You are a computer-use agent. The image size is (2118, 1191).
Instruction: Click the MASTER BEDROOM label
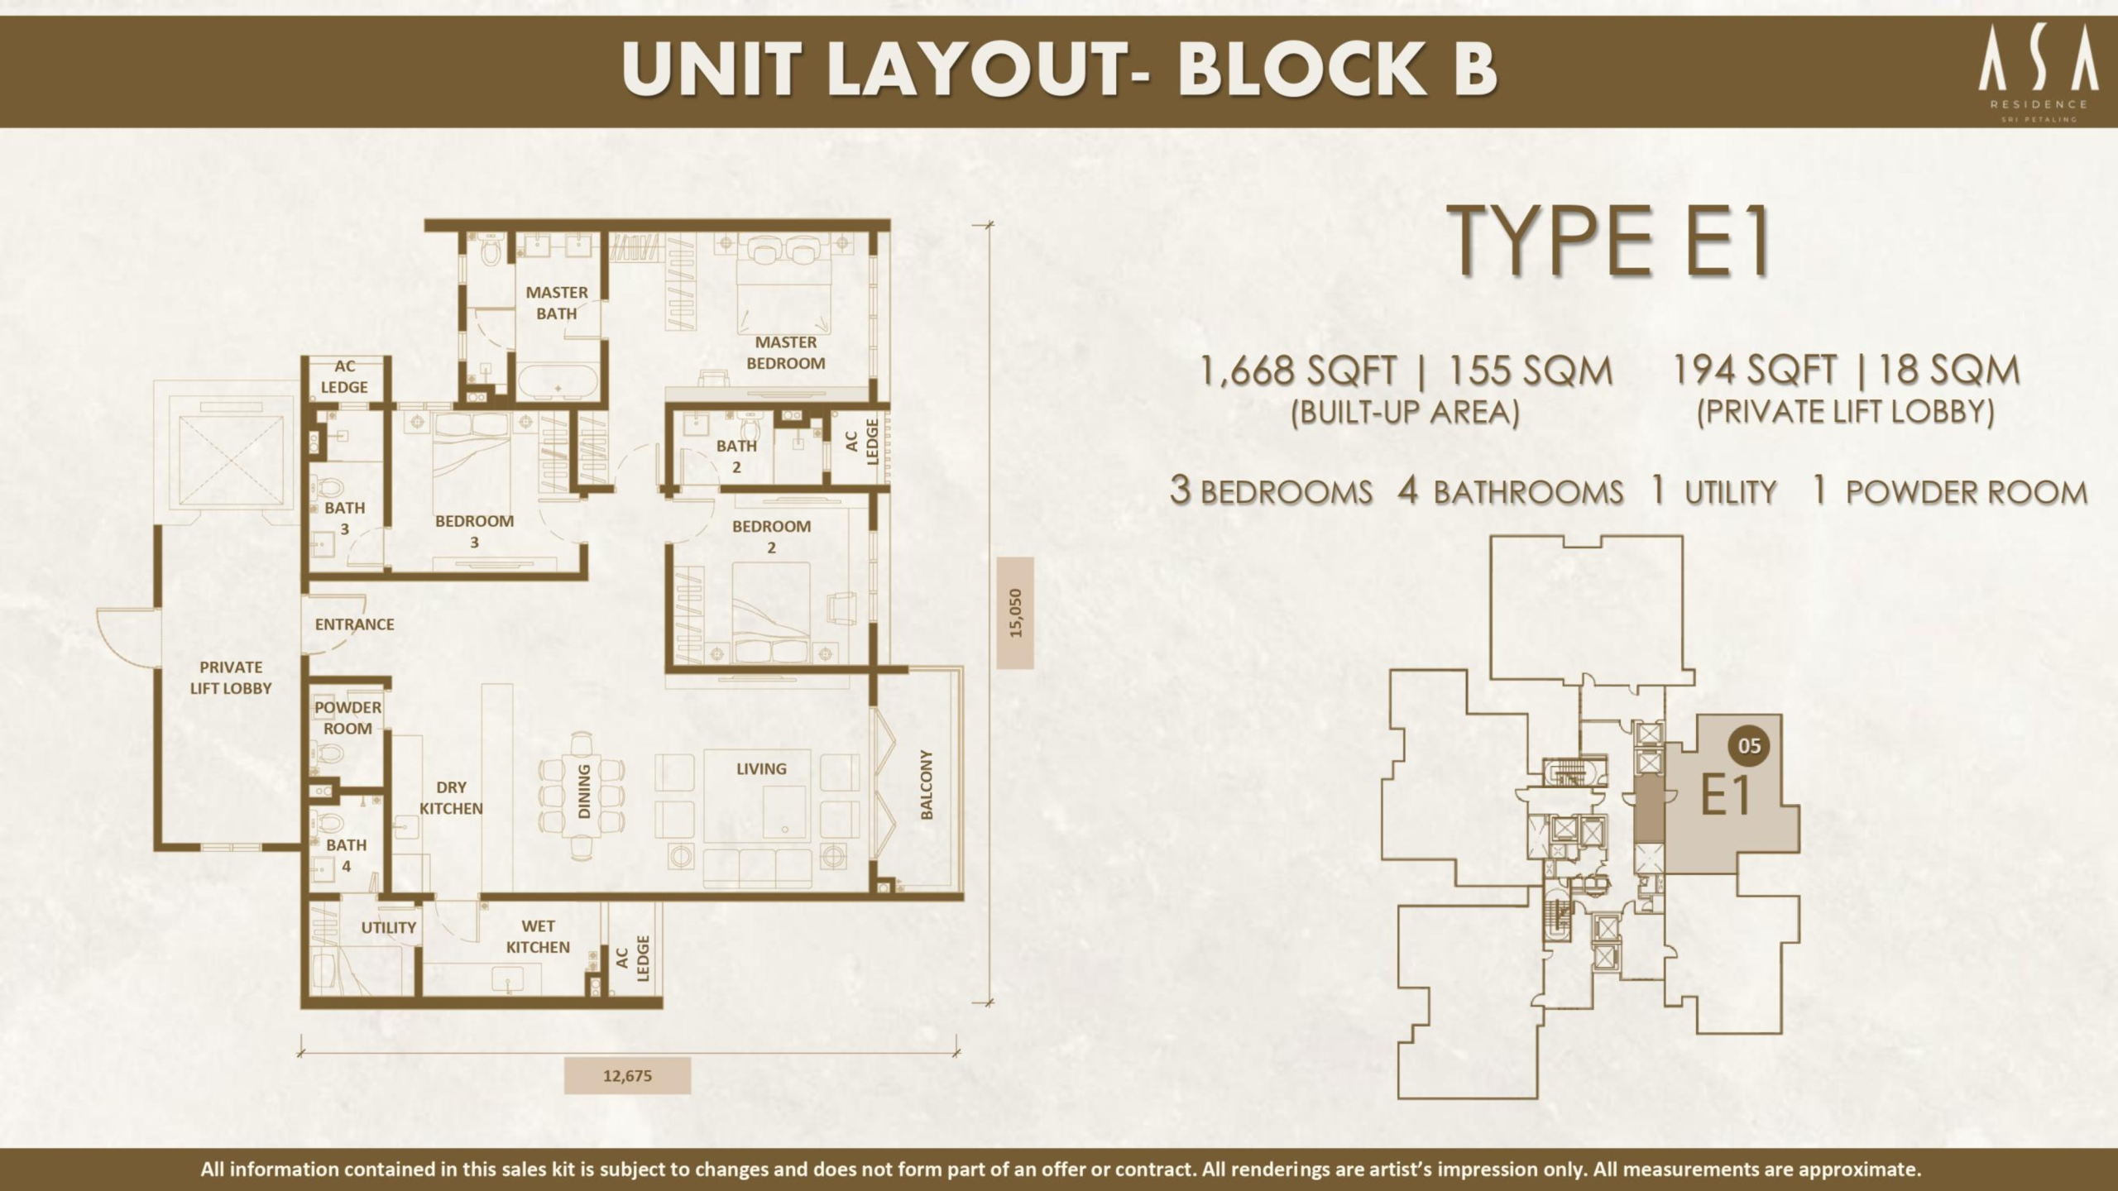coord(785,352)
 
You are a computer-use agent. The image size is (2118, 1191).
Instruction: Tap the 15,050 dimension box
coord(1015,613)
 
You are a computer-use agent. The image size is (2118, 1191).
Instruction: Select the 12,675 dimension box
coord(627,1076)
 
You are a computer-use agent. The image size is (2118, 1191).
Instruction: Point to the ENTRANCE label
coord(354,624)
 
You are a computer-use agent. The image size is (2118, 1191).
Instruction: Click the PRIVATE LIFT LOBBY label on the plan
coord(231,677)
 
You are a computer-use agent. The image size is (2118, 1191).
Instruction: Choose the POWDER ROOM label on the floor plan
coord(347,718)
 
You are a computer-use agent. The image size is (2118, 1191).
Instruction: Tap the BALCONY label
coord(927,785)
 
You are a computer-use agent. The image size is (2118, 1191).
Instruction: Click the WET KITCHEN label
coord(538,936)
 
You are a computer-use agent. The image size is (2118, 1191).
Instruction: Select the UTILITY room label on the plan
coord(388,928)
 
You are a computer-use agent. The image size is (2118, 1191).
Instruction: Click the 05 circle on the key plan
coord(1749,746)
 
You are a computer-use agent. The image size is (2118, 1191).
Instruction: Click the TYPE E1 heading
coord(1612,242)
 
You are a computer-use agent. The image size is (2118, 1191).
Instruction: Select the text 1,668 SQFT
coord(1297,371)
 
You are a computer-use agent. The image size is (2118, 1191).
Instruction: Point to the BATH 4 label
coord(346,856)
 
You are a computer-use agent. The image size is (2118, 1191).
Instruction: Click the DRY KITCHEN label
coord(451,798)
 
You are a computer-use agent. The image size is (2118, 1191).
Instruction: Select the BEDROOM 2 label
coord(771,536)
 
